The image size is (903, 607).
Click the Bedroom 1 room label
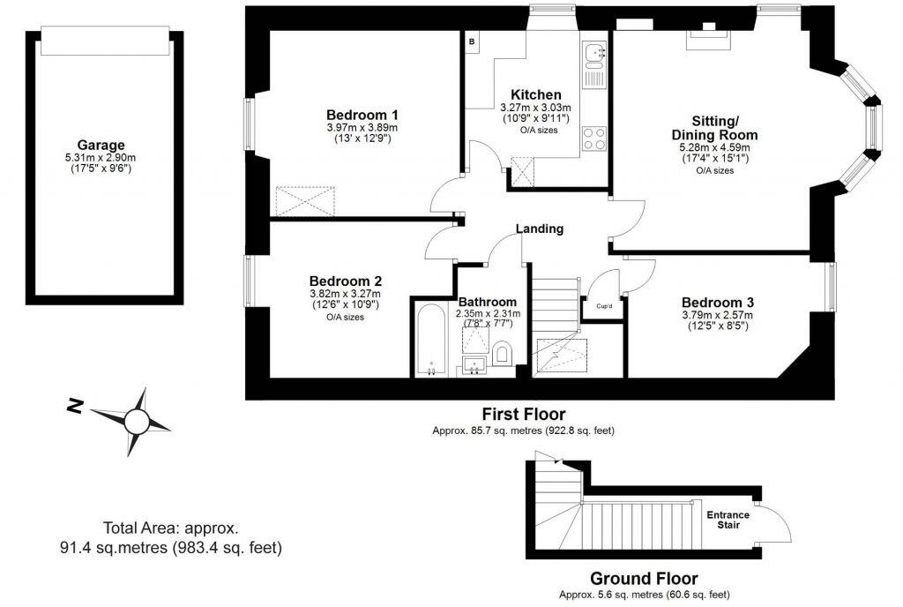[362, 115]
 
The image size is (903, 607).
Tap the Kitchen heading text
[535, 94]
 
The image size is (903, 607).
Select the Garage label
[101, 146]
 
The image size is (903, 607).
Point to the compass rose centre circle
[137, 423]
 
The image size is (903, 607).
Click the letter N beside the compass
[76, 407]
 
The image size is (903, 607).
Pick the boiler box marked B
[472, 41]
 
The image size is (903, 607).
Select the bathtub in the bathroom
[430, 341]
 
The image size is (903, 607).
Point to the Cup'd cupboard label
[604, 306]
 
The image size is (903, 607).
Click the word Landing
[539, 229]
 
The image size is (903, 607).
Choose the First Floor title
[523, 414]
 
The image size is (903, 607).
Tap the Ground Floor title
[644, 579]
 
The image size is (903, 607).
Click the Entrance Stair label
[728, 520]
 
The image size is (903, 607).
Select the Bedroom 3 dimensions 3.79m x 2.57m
[717, 315]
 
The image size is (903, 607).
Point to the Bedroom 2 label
[345, 281]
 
